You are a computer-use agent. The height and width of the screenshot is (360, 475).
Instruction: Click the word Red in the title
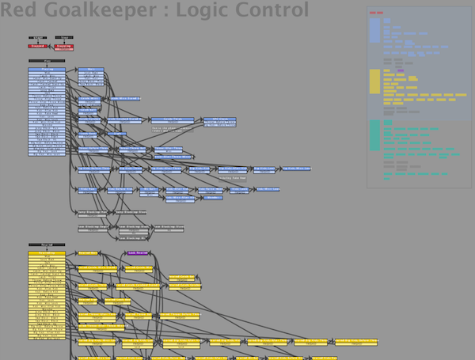[x=18, y=10]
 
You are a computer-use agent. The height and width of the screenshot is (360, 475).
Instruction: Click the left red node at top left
[x=37, y=47]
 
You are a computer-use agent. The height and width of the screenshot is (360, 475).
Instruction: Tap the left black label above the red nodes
[x=37, y=37]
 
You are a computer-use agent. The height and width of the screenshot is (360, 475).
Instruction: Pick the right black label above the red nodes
[x=64, y=37]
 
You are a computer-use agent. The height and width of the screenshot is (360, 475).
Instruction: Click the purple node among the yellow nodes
[x=138, y=253]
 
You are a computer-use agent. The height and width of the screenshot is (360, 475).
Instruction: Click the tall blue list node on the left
[x=47, y=112]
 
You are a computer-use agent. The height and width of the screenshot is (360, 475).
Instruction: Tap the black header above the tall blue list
[x=47, y=61]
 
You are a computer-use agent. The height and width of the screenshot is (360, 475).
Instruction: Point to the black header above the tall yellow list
[x=47, y=244]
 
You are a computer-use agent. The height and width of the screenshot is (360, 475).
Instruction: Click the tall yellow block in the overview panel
[x=374, y=81]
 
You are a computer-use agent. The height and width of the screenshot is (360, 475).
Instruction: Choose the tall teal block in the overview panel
[x=374, y=135]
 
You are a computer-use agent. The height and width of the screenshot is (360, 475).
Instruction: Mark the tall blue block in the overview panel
[x=374, y=30]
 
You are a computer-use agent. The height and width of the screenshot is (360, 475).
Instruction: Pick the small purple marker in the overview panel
[x=401, y=71]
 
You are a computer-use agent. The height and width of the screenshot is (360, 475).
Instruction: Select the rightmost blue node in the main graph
[x=297, y=169]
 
